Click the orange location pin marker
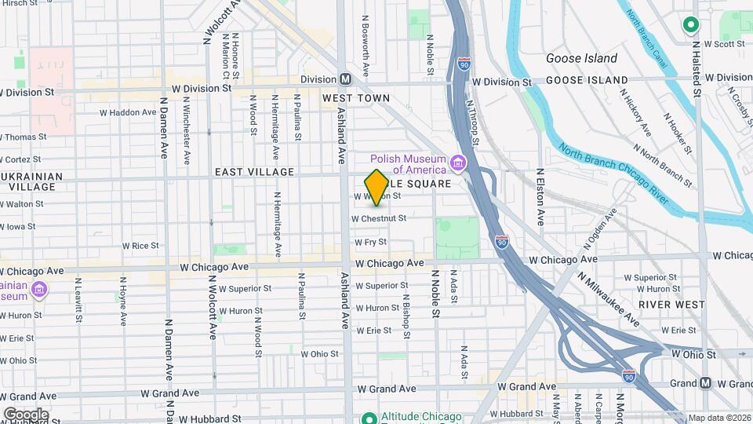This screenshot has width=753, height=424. coord(376,188)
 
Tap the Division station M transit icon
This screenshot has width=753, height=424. coord(345,79)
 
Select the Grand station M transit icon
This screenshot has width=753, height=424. coord(705,383)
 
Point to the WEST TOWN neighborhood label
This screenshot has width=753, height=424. coord(355,98)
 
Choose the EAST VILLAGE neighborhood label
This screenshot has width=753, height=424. coord(254,172)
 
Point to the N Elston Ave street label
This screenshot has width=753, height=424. coord(540,196)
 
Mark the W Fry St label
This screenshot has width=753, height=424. coord(370,243)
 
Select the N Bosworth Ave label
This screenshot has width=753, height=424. coord(366,43)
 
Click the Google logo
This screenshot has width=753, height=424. coord(26,414)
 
